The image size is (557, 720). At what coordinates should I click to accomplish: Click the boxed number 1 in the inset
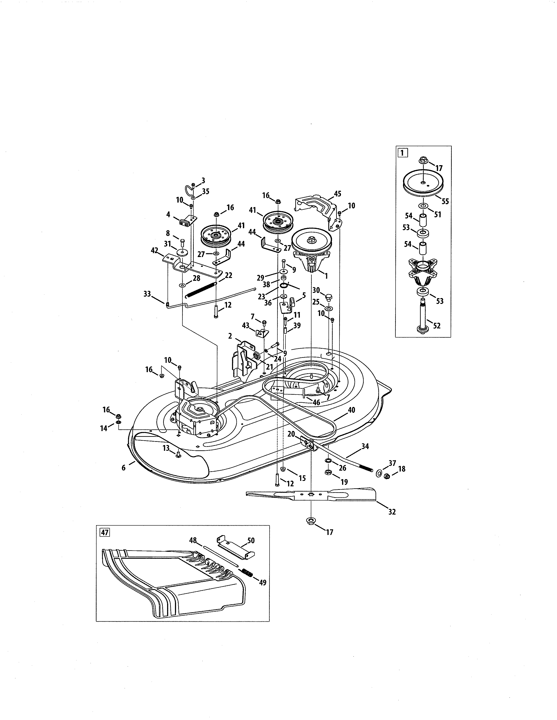pyautogui.click(x=402, y=153)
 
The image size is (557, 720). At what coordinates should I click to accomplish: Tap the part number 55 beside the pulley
pyautogui.click(x=445, y=201)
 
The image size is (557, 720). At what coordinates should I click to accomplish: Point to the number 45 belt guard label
pyautogui.click(x=337, y=194)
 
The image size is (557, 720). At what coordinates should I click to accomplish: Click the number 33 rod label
pyautogui.click(x=147, y=293)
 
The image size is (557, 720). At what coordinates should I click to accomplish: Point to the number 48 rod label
pyautogui.click(x=193, y=540)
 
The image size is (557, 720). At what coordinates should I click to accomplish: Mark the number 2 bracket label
pyautogui.click(x=230, y=336)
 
